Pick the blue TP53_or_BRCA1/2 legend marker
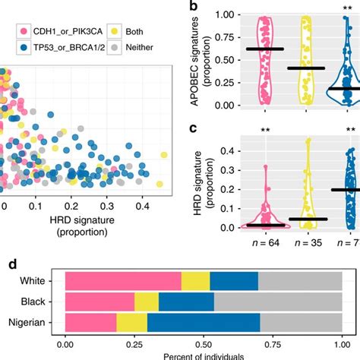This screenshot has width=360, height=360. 9,46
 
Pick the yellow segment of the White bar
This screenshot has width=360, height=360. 195,281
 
